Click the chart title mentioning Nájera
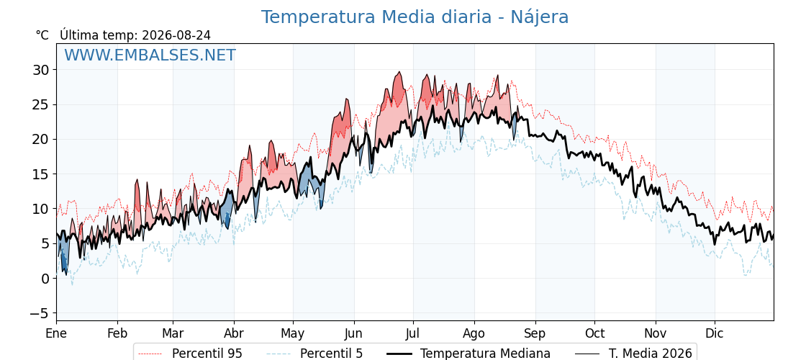coord(415,17)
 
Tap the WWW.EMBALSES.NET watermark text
coord(150,55)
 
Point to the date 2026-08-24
coord(176,35)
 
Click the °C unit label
coord(42,35)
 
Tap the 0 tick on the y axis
coord(46,279)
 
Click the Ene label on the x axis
coord(57,334)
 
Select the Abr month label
coord(234,334)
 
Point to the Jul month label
coord(413,334)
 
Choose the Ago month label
coord(474,334)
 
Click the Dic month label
coord(715,334)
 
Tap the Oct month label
coord(594,334)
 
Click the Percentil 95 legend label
coord(207,354)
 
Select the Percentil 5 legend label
coord(331,354)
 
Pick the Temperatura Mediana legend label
coord(485,354)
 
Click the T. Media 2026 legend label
coord(651,354)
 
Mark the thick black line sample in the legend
coord(399,354)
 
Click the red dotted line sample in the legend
coord(150,354)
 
